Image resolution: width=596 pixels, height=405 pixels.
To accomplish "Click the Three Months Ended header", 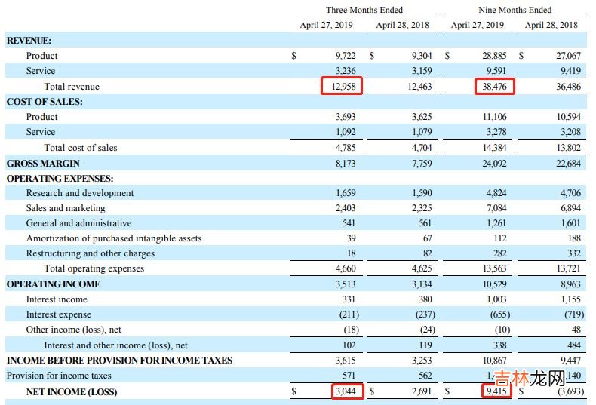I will pyautogui.click(x=364, y=10).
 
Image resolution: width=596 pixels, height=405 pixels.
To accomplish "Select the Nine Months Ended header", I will pyautogui.click(x=515, y=10).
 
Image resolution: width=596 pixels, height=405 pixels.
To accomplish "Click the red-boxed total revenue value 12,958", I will pyautogui.click(x=342, y=87).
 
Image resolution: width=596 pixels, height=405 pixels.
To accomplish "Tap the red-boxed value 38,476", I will pyautogui.click(x=494, y=87).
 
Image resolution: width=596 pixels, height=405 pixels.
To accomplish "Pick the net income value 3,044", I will pyautogui.click(x=344, y=391).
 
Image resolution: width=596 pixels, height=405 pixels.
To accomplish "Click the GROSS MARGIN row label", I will pyautogui.click(x=43, y=163).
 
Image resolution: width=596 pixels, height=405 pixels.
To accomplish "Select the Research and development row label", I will pyautogui.click(x=79, y=193).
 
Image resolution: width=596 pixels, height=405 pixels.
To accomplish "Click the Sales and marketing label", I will pyautogui.click(x=66, y=208).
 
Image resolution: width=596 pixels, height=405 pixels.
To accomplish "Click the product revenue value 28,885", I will pyautogui.click(x=494, y=56).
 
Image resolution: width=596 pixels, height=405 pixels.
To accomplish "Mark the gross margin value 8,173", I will pyautogui.click(x=345, y=163).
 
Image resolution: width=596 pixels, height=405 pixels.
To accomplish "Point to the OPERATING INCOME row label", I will pyautogui.click(x=53, y=284).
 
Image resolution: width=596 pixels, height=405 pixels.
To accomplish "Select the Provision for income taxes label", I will pyautogui.click(x=59, y=376).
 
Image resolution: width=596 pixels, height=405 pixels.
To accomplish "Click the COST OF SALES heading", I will pyautogui.click(x=45, y=102).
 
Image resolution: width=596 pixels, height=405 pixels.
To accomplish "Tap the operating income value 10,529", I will pyautogui.click(x=494, y=284).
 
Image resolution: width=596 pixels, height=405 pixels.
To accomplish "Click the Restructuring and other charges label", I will pyautogui.click(x=90, y=253).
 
